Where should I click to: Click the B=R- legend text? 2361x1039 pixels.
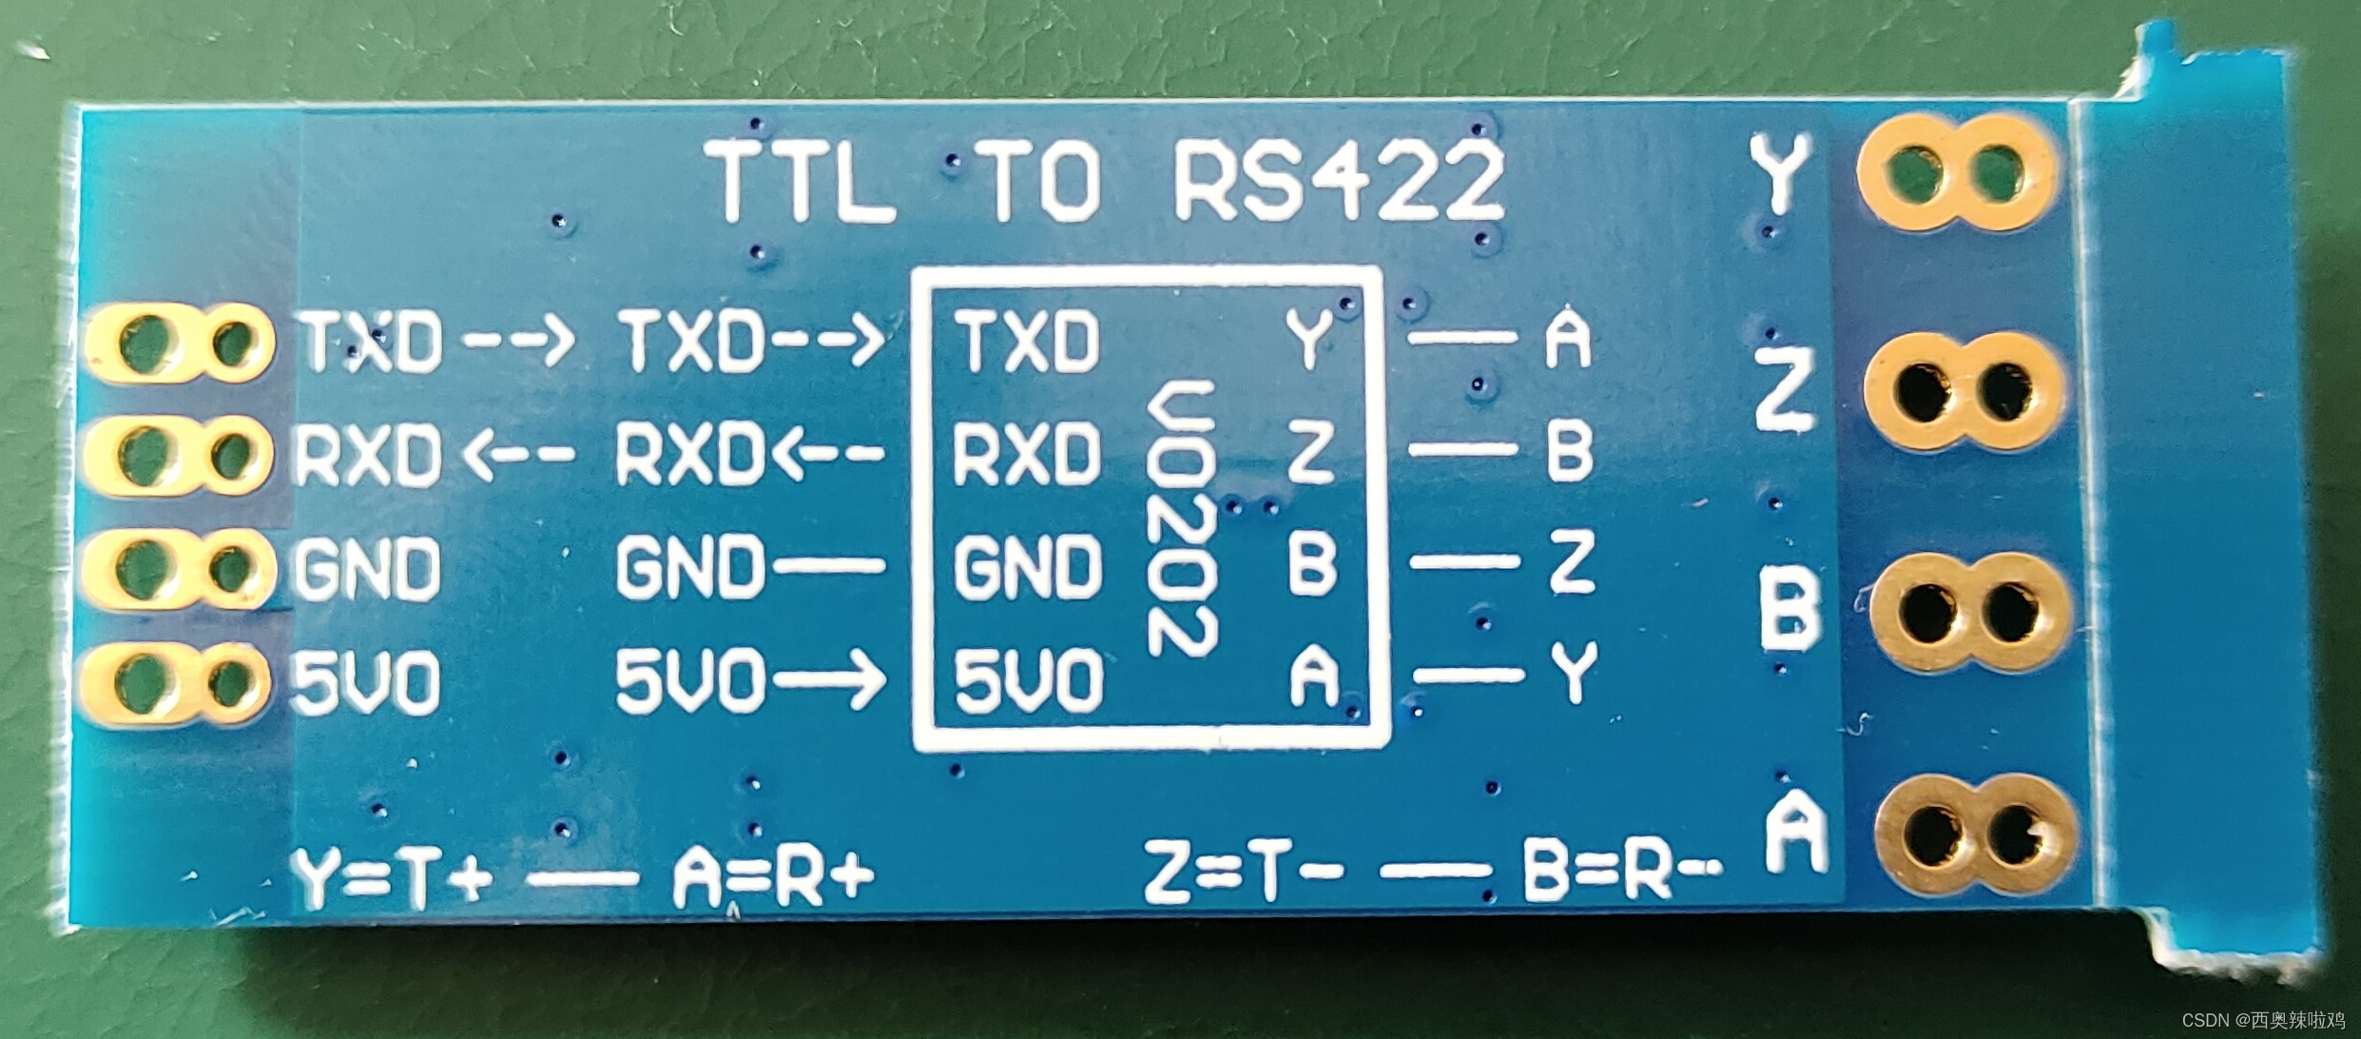tap(1622, 872)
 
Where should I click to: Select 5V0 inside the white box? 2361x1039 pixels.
tap(1027, 681)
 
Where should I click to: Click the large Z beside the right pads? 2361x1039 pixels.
tap(1782, 390)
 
